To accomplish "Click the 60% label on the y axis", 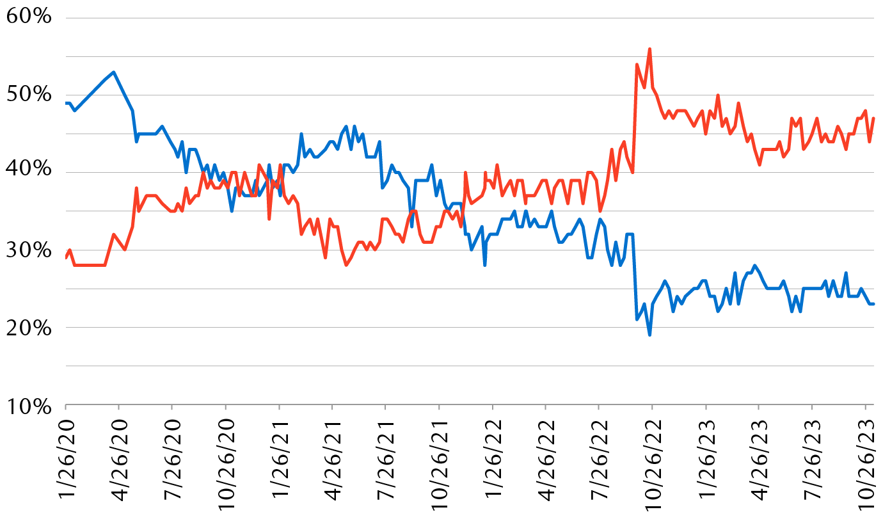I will (29, 17).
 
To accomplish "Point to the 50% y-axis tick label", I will (29, 95).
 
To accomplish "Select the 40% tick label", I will (29, 172).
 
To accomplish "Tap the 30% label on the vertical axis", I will (29, 250).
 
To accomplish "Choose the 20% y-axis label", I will (29, 328).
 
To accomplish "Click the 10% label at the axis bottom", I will (29, 405).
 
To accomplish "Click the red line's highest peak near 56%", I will (649, 49).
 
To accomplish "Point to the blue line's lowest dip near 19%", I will (649, 335).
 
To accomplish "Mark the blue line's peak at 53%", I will (113, 72).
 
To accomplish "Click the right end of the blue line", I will (874, 304).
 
